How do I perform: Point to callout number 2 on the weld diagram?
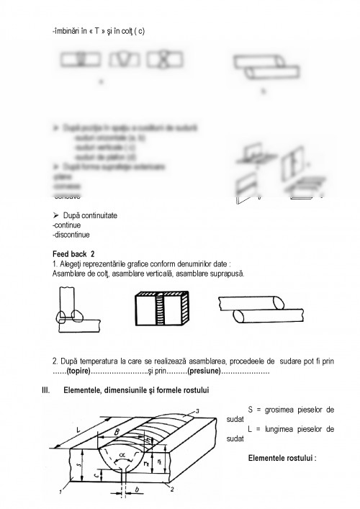pyautogui.click(x=173, y=490)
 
